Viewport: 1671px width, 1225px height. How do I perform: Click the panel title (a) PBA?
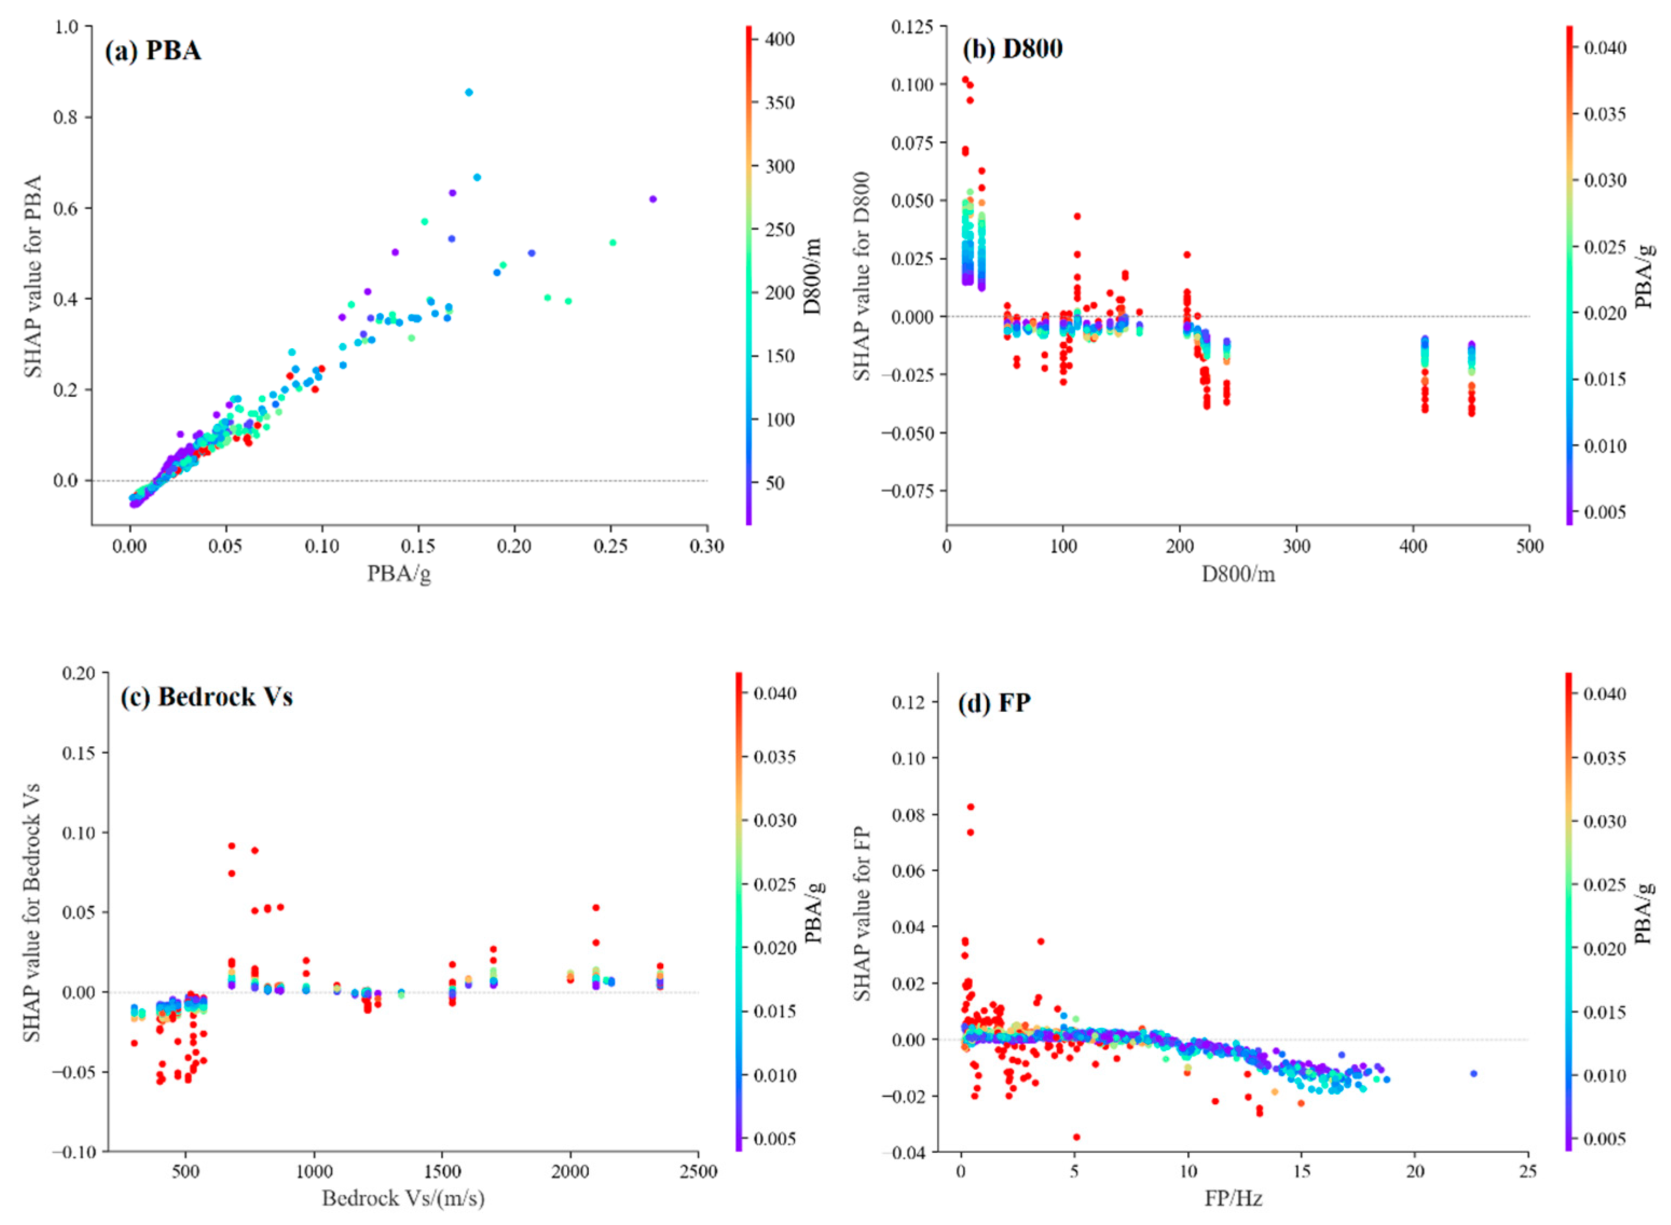pos(153,51)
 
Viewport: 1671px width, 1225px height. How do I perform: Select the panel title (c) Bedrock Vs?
pos(207,697)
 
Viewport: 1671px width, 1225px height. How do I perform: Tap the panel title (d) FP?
pos(994,702)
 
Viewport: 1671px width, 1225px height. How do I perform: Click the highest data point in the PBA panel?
pos(469,93)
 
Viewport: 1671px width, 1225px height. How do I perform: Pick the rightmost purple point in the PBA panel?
pos(652,199)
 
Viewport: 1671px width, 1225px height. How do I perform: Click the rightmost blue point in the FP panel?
pos(1473,1073)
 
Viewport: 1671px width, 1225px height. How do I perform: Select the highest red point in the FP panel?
pos(971,807)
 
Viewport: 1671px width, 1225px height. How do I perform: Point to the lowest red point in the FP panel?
pos(1076,1137)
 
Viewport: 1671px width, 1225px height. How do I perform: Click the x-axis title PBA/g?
pos(399,573)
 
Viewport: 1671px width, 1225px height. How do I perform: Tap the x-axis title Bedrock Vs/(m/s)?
pos(403,1198)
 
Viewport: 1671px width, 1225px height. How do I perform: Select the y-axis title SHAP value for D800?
pos(862,277)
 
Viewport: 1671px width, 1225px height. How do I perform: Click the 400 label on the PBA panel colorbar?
pos(780,39)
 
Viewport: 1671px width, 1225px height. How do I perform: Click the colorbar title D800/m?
pos(813,277)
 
